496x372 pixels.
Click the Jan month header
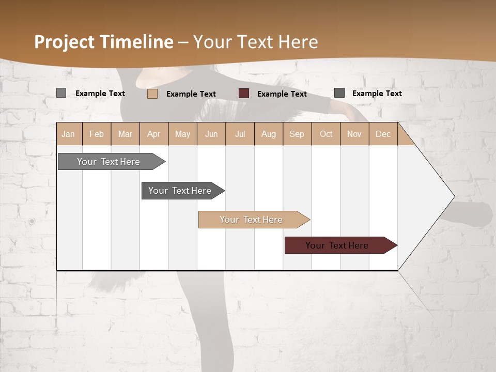pos(68,134)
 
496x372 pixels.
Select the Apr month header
pos(154,134)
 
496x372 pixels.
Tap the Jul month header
pos(240,134)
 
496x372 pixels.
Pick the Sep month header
pos(297,134)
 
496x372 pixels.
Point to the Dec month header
pos(383,134)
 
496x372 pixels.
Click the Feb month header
pos(97,134)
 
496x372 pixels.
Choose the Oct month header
pos(326,134)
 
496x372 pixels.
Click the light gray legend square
pos(61,93)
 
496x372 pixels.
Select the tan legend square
pos(152,94)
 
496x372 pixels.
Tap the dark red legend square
pos(244,94)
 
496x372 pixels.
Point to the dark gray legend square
pos(339,93)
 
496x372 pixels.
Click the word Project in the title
pos(65,42)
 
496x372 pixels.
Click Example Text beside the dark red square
pos(282,94)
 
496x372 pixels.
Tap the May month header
pos(182,134)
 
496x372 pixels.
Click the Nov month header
pos(354,134)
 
